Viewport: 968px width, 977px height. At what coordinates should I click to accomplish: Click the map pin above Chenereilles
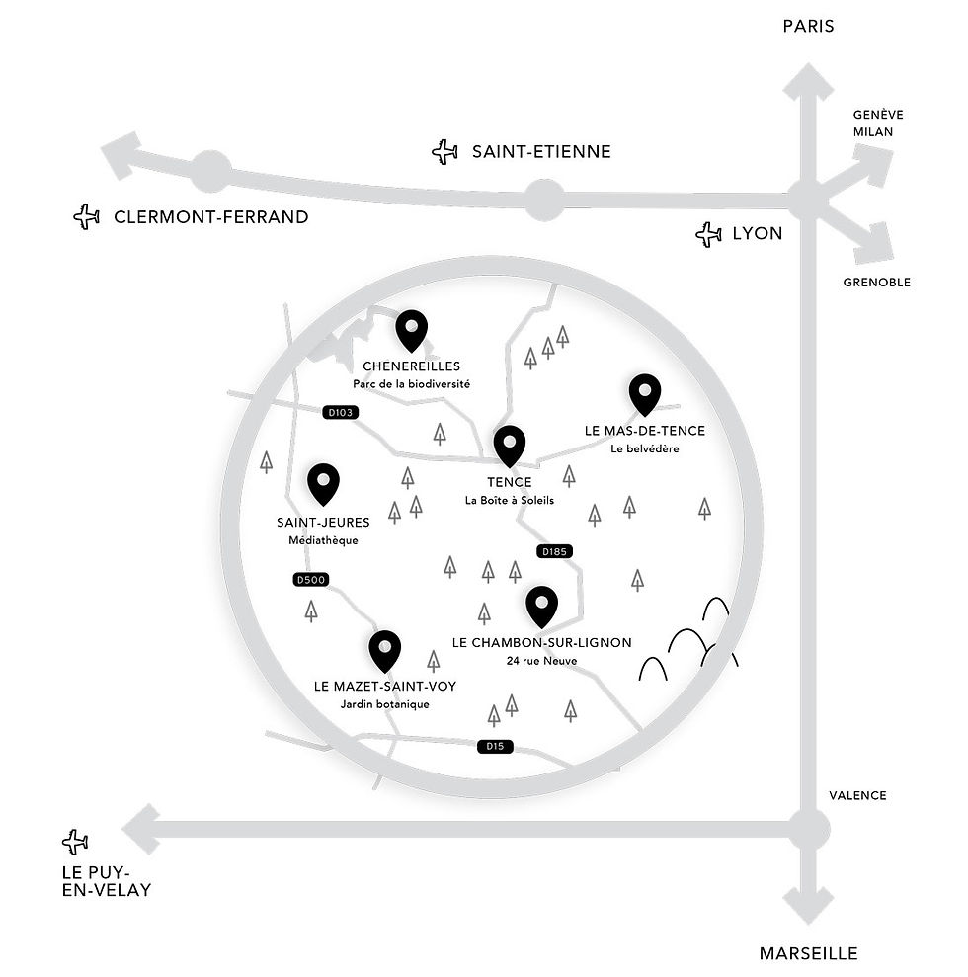point(411,330)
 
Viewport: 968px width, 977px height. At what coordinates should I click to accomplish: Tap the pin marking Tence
point(509,447)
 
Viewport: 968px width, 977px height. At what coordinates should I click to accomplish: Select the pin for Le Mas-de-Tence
point(645,394)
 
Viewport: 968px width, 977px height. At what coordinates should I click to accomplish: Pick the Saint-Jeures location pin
point(323,484)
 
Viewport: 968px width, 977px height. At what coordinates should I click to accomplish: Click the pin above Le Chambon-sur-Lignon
point(541,607)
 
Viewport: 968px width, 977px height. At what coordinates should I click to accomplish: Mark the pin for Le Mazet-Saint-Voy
point(384,651)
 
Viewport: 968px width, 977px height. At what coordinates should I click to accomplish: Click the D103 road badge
point(341,412)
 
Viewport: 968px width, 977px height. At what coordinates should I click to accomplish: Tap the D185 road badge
point(554,551)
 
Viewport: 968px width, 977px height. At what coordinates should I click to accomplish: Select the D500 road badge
point(311,580)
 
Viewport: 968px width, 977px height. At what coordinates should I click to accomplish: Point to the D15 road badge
point(495,746)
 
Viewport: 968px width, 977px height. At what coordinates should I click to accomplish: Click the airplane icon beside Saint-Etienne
point(444,152)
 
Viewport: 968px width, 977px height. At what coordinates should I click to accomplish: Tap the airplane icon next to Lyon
point(708,234)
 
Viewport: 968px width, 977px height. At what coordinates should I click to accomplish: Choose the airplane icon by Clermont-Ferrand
point(87,216)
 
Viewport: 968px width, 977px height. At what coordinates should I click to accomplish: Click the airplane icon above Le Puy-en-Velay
point(75,842)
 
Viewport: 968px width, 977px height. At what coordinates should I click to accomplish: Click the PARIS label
point(808,26)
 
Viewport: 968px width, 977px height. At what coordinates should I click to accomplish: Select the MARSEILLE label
point(808,953)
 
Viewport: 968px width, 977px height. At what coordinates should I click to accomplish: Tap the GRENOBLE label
point(876,283)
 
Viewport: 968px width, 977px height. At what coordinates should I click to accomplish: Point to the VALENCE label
point(857,795)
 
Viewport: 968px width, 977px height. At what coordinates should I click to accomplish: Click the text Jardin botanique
point(384,704)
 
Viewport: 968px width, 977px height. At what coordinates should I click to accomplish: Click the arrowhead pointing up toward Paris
point(808,81)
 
